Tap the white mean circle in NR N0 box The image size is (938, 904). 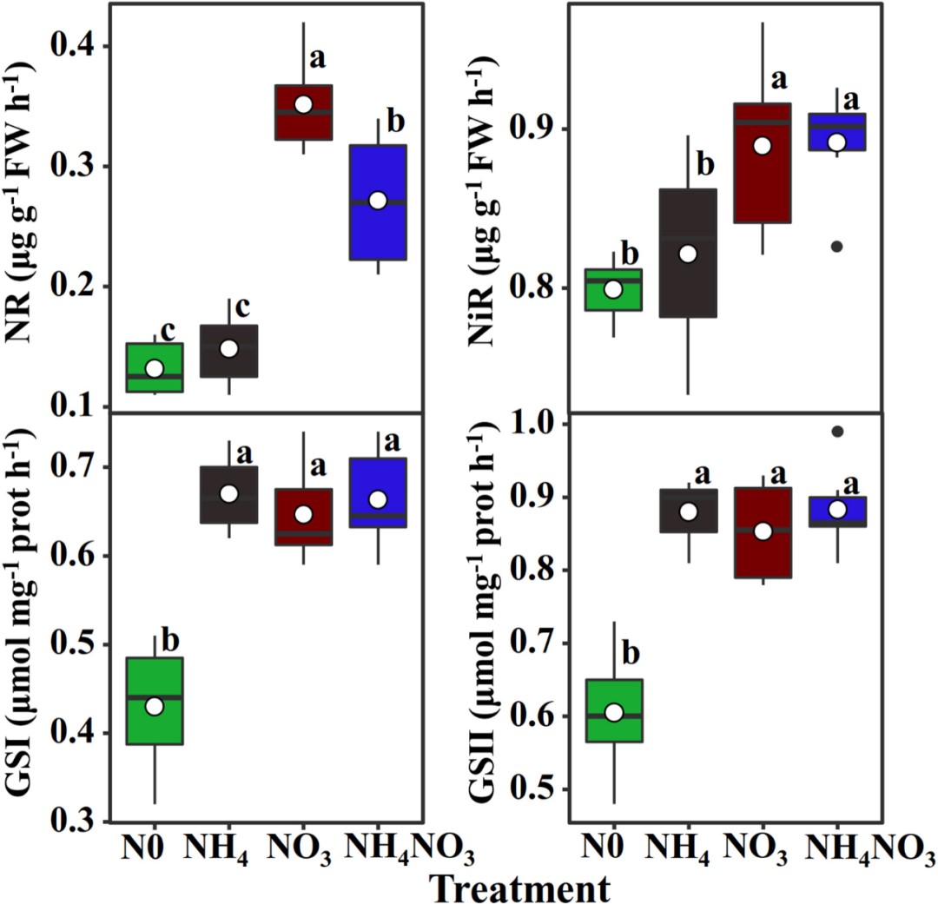point(155,368)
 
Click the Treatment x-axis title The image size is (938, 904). point(518,886)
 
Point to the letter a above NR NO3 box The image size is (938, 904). point(319,59)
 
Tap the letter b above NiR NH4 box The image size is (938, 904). point(704,162)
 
